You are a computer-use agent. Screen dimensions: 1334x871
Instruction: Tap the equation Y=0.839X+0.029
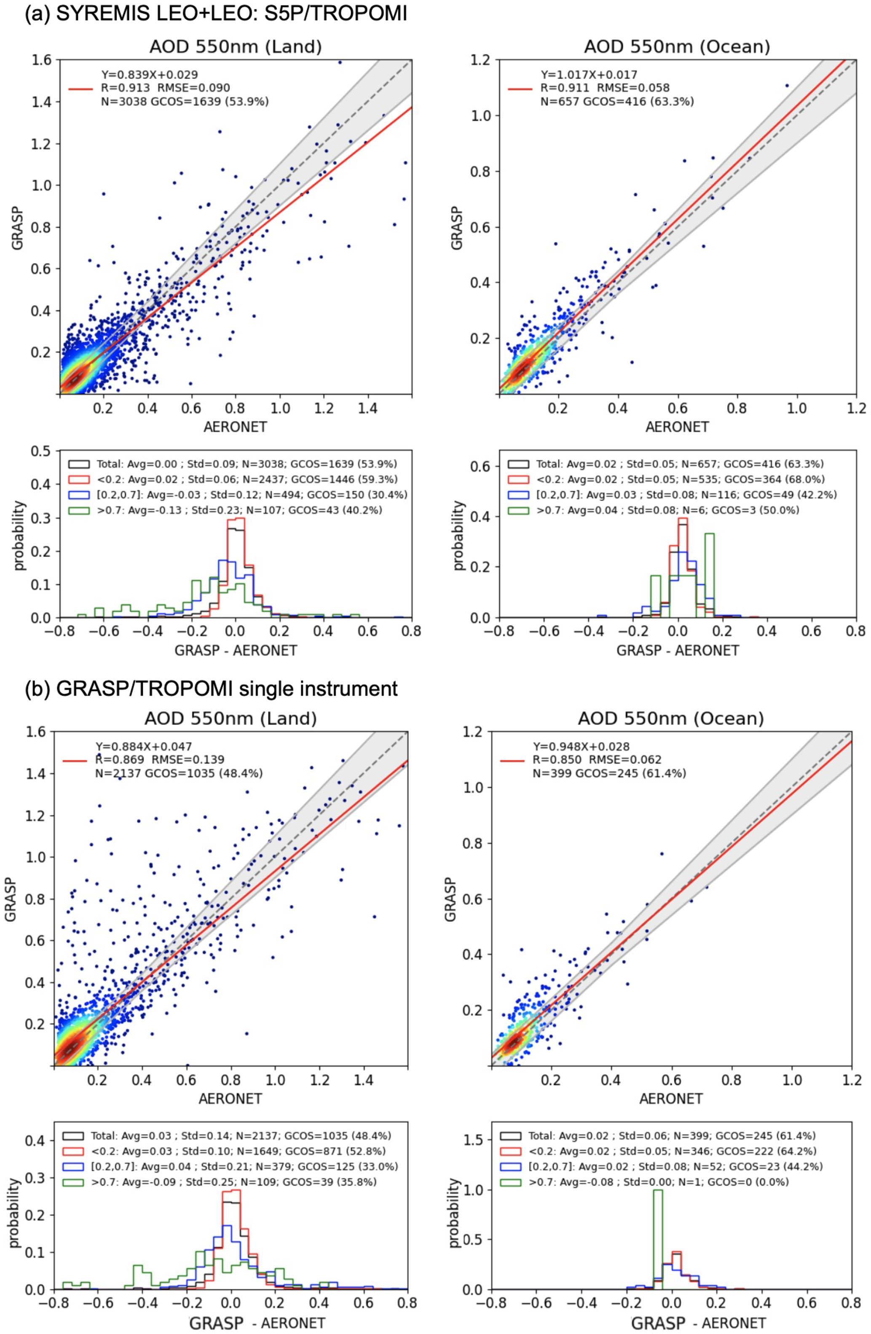(x=150, y=75)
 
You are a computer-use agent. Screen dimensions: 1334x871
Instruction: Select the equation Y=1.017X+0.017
(x=589, y=75)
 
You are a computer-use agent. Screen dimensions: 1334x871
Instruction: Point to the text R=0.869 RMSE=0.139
(x=160, y=760)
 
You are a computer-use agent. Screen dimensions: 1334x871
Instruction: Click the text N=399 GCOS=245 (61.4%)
(x=609, y=774)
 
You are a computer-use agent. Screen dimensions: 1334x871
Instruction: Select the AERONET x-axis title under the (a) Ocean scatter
(x=677, y=427)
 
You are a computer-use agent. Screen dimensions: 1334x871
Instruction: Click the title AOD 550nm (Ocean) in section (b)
(x=671, y=718)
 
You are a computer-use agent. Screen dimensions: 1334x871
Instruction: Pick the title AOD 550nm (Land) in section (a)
(x=235, y=46)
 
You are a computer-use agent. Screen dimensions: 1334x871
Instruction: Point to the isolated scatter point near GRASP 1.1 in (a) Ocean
(x=787, y=86)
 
